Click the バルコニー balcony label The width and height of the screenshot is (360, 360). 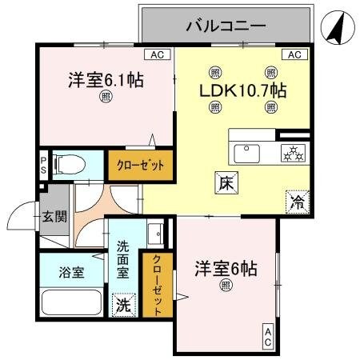point(225,25)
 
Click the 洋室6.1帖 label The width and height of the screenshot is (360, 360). point(106,80)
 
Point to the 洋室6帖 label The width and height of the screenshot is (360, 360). point(226,269)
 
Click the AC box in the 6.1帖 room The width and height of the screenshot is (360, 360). point(158,54)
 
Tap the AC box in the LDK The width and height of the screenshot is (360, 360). point(294,54)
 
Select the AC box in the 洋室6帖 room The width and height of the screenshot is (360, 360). point(268,338)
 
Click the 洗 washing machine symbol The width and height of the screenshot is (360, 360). point(123,305)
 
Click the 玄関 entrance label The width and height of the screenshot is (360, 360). point(55,216)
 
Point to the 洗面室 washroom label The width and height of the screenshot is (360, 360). point(123,259)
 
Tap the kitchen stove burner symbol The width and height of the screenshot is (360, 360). point(294,151)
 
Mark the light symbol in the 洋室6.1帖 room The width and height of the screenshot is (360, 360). point(106,98)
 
